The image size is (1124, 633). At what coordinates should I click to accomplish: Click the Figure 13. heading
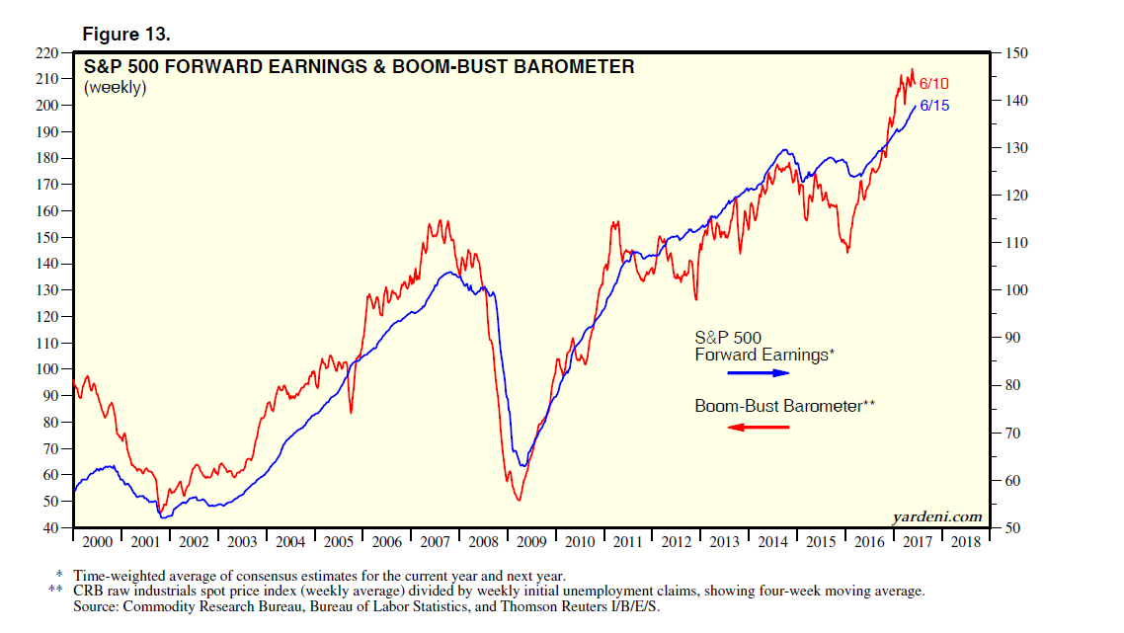coord(126,35)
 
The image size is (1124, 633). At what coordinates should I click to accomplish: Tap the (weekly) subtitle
coord(116,88)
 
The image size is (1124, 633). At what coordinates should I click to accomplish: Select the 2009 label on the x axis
coord(531,542)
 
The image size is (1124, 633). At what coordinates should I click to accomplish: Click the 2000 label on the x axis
coord(98,542)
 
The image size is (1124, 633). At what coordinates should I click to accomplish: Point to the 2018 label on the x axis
coord(966,542)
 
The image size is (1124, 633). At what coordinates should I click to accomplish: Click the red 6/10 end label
coord(933,85)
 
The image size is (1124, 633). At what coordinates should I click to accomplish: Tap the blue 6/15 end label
coord(934,105)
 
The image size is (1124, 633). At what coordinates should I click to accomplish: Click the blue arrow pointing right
coord(759,373)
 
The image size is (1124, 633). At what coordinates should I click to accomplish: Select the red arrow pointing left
coord(759,427)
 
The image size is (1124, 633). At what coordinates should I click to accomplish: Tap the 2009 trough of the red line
coord(519,500)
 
